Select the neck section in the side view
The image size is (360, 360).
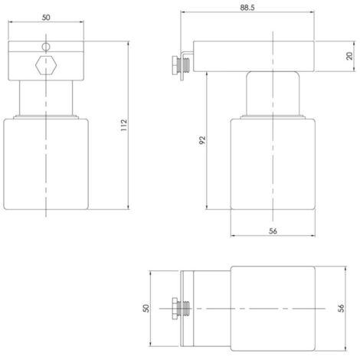tap(273, 92)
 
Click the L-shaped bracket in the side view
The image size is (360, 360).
tap(188, 61)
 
